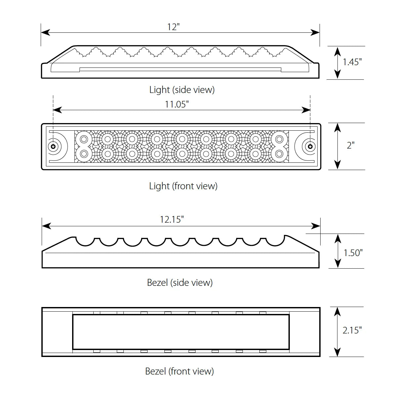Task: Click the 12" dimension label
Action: click(x=173, y=27)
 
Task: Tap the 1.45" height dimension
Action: click(x=352, y=62)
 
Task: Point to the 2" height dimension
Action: click(x=350, y=145)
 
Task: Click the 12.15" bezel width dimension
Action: click(x=172, y=219)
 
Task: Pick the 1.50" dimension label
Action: click(x=353, y=253)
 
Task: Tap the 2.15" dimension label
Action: click(x=352, y=330)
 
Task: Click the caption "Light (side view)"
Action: click(x=182, y=90)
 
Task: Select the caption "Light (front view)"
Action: click(x=183, y=186)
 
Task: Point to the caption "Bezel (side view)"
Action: click(x=180, y=283)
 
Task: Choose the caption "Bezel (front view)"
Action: click(x=179, y=371)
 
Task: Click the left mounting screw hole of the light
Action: click(x=53, y=146)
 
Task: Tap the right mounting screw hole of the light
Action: click(x=310, y=146)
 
